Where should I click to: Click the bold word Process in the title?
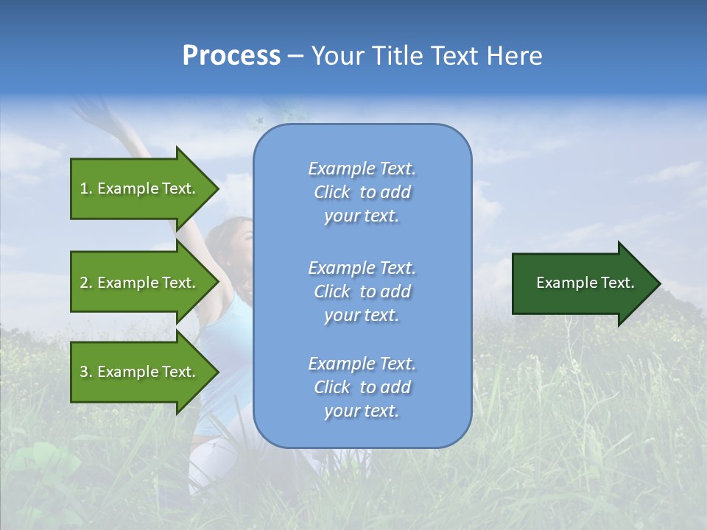[231, 56]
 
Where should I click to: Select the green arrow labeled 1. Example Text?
[140, 188]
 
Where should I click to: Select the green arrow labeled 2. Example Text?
[140, 283]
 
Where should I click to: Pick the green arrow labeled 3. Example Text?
[140, 372]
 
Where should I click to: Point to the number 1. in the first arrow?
[86, 189]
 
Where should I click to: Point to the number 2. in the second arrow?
[86, 283]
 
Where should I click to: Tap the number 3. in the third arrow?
[86, 372]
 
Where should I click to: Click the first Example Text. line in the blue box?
[362, 169]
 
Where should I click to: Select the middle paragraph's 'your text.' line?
[362, 315]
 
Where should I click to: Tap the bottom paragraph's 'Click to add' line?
[362, 387]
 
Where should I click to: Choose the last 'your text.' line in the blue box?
[362, 411]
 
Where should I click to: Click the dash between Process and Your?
[295, 56]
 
